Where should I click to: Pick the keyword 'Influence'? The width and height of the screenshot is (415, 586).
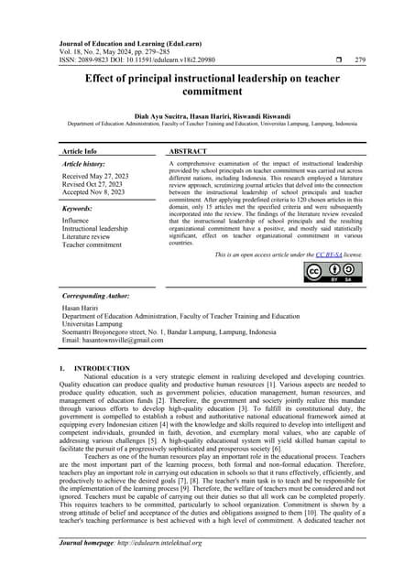(76, 221)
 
